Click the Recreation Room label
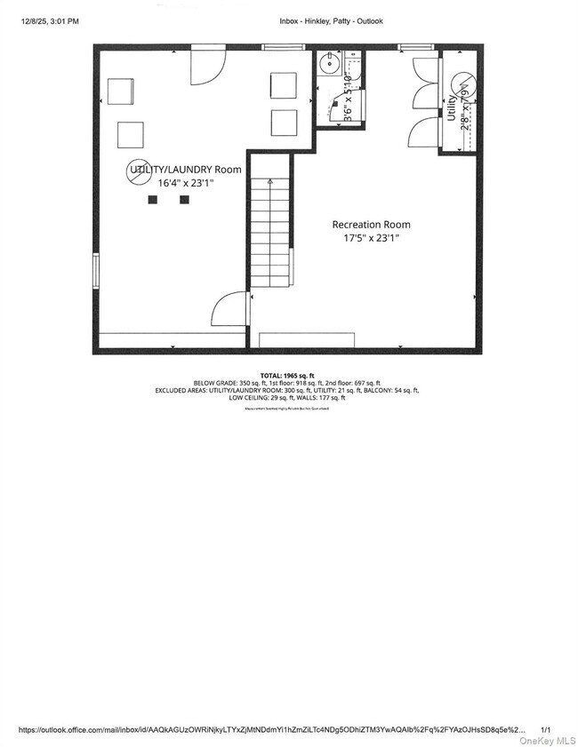371,225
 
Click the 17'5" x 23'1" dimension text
371,238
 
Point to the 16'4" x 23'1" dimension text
186,182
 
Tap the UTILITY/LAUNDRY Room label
186,169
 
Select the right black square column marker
184,200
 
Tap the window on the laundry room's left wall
96,271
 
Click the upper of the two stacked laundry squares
283,84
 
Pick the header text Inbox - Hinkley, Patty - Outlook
330,21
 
